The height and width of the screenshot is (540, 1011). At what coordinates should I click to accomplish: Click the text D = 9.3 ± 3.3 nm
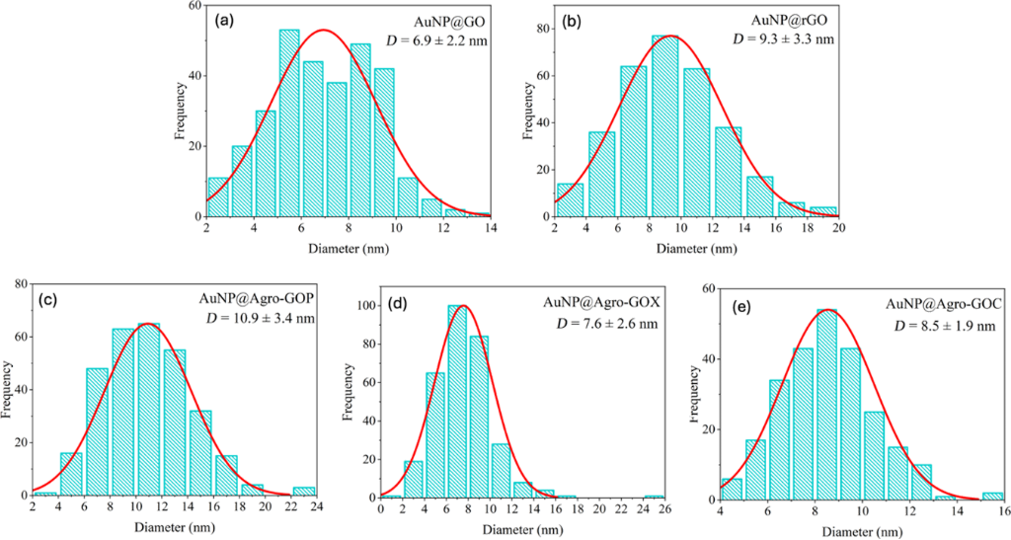tap(785, 39)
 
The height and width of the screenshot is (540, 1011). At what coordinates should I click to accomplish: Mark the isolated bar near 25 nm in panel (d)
tap(653, 498)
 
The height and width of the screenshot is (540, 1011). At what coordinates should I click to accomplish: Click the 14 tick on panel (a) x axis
tap(491, 227)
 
